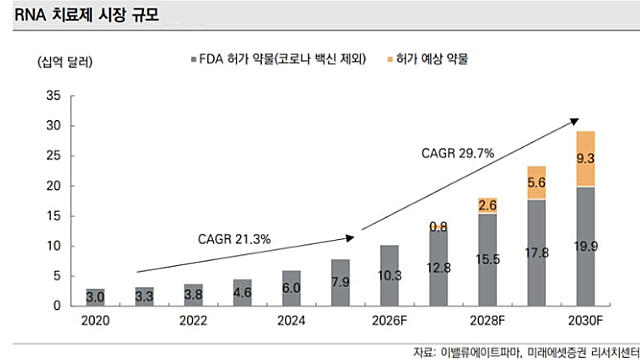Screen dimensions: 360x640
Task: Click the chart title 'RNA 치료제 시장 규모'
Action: [x=78, y=14]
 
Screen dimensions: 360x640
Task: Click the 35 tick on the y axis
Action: [x=54, y=96]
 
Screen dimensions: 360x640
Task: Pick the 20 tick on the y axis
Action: [x=54, y=186]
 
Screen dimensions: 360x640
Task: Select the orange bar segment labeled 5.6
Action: [x=537, y=183]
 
